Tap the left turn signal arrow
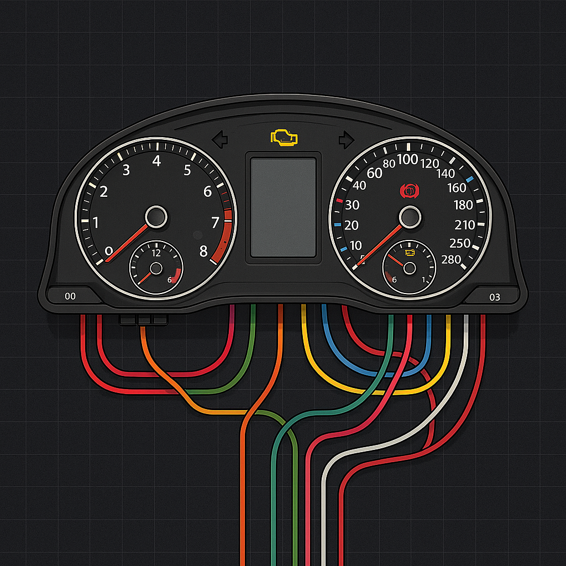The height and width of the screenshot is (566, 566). [x=220, y=139]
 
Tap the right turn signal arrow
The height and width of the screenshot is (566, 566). [x=347, y=139]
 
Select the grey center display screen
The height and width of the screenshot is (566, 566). [x=283, y=207]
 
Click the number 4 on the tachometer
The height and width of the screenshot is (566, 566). [x=156, y=161]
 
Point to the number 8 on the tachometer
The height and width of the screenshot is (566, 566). [x=203, y=251]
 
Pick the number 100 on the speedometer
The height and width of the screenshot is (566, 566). [x=407, y=160]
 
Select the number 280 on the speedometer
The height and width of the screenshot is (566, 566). [x=452, y=259]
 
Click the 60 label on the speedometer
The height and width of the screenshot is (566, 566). [x=374, y=173]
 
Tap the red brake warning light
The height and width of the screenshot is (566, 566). [x=408, y=191]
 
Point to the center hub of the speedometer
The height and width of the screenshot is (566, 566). [x=410, y=216]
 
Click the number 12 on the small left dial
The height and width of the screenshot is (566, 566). [x=156, y=253]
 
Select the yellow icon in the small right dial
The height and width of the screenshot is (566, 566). [x=410, y=253]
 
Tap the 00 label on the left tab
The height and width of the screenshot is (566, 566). [x=70, y=296]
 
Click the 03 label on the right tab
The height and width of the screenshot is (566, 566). [x=495, y=297]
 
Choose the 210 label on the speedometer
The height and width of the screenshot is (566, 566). [x=464, y=225]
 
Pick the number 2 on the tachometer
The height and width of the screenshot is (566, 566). [x=103, y=192]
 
